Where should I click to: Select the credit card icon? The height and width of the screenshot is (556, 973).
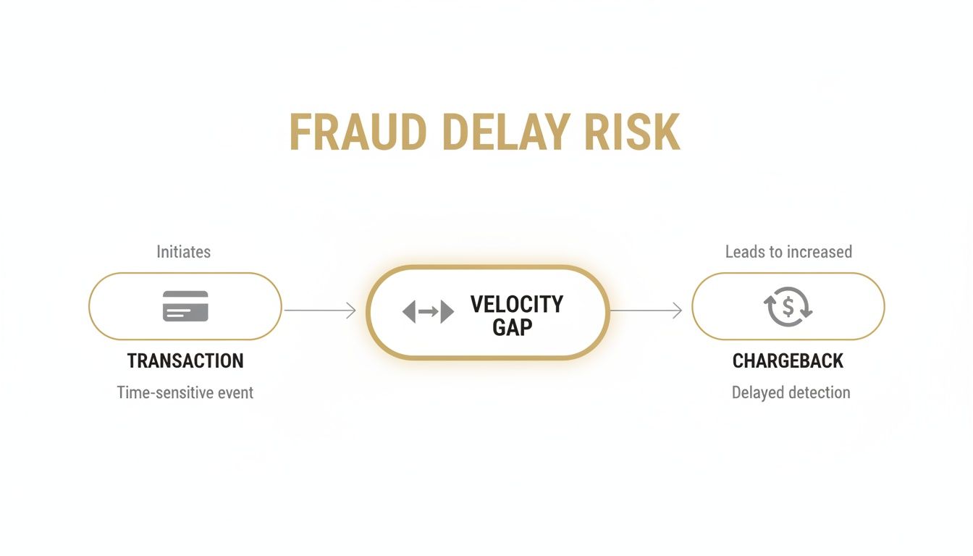click(185, 306)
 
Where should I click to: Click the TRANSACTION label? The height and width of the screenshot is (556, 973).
click(185, 361)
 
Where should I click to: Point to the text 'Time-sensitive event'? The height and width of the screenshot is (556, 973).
click(185, 392)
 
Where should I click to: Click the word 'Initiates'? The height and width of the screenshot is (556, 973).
click(184, 252)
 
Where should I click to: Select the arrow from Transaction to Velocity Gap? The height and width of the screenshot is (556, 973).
click(319, 311)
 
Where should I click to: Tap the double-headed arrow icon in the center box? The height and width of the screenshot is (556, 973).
click(428, 312)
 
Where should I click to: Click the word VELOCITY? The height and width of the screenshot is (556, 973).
click(516, 304)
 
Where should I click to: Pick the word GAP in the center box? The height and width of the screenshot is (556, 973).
click(512, 327)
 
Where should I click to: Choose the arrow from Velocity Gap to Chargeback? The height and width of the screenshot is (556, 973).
click(646, 311)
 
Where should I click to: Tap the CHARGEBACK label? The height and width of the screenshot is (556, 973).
click(788, 361)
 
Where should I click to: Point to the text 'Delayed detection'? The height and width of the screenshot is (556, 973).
click(791, 392)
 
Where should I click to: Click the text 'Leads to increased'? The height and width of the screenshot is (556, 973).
click(788, 252)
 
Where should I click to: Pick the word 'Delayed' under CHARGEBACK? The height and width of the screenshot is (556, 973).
click(757, 392)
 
